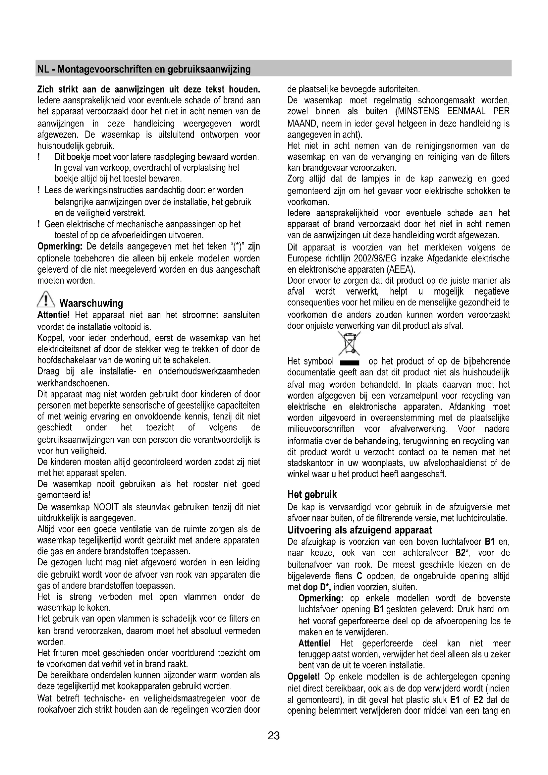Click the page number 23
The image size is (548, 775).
pos(274,736)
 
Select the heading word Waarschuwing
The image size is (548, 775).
pos(91,303)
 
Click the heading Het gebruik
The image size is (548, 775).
pos(312,494)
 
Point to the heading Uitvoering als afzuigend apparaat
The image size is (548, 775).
pos(359,530)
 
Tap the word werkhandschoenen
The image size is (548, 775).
pos(73,383)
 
